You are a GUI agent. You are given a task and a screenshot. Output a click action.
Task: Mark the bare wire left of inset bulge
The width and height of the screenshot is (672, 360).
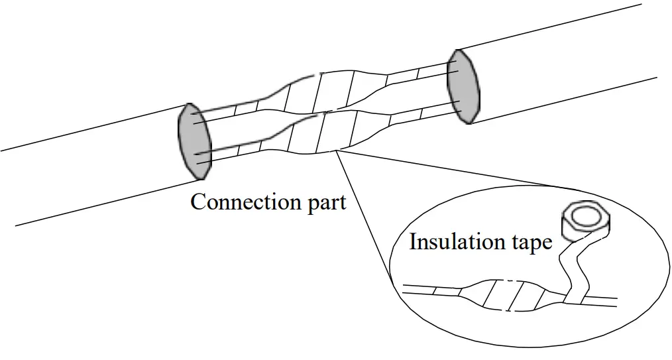(x=431, y=290)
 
